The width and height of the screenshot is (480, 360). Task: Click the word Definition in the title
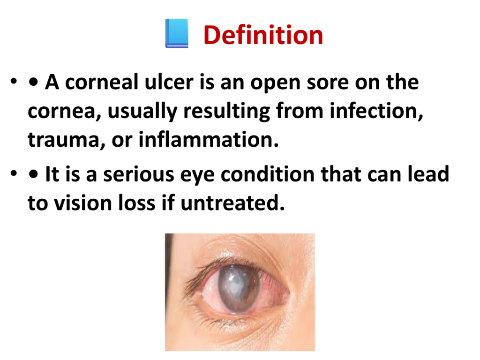[263, 35]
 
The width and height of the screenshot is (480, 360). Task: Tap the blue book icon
[177, 33]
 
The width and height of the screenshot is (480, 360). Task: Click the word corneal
[102, 82]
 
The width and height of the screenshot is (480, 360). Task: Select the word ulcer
[169, 82]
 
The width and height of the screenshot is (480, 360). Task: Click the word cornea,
[65, 112]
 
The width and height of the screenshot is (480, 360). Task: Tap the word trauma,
[67, 140]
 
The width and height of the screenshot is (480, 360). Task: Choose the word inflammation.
[209, 139]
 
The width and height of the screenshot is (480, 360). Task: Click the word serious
[138, 174]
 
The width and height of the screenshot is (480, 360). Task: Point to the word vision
[82, 203]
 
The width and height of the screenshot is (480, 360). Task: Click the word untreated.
[232, 202]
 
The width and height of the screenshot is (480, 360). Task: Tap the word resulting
[226, 111]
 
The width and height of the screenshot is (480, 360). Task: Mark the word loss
[136, 202]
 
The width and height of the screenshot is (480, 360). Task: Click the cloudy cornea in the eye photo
[239, 289]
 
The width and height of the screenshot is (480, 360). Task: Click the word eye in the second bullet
[197, 176]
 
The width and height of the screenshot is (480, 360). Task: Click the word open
[276, 84]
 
